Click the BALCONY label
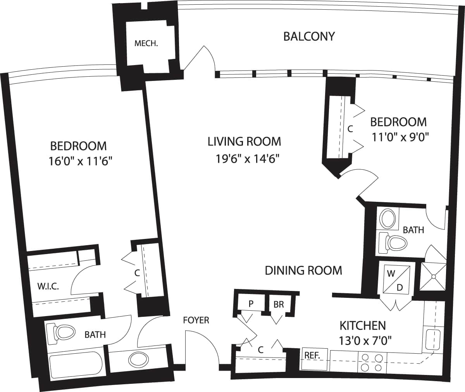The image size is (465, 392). pyautogui.click(x=309, y=36)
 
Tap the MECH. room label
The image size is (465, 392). pyautogui.click(x=146, y=43)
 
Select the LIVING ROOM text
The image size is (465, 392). pyautogui.click(x=244, y=141)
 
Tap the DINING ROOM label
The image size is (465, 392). pyautogui.click(x=303, y=270)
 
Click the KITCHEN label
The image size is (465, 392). pyautogui.click(x=362, y=325)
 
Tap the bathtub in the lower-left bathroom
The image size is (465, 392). pyautogui.click(x=75, y=364)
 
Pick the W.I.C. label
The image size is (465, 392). pyautogui.click(x=48, y=287)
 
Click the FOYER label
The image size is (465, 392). pyautogui.click(x=196, y=320)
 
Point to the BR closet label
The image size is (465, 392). pyautogui.click(x=278, y=304)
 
